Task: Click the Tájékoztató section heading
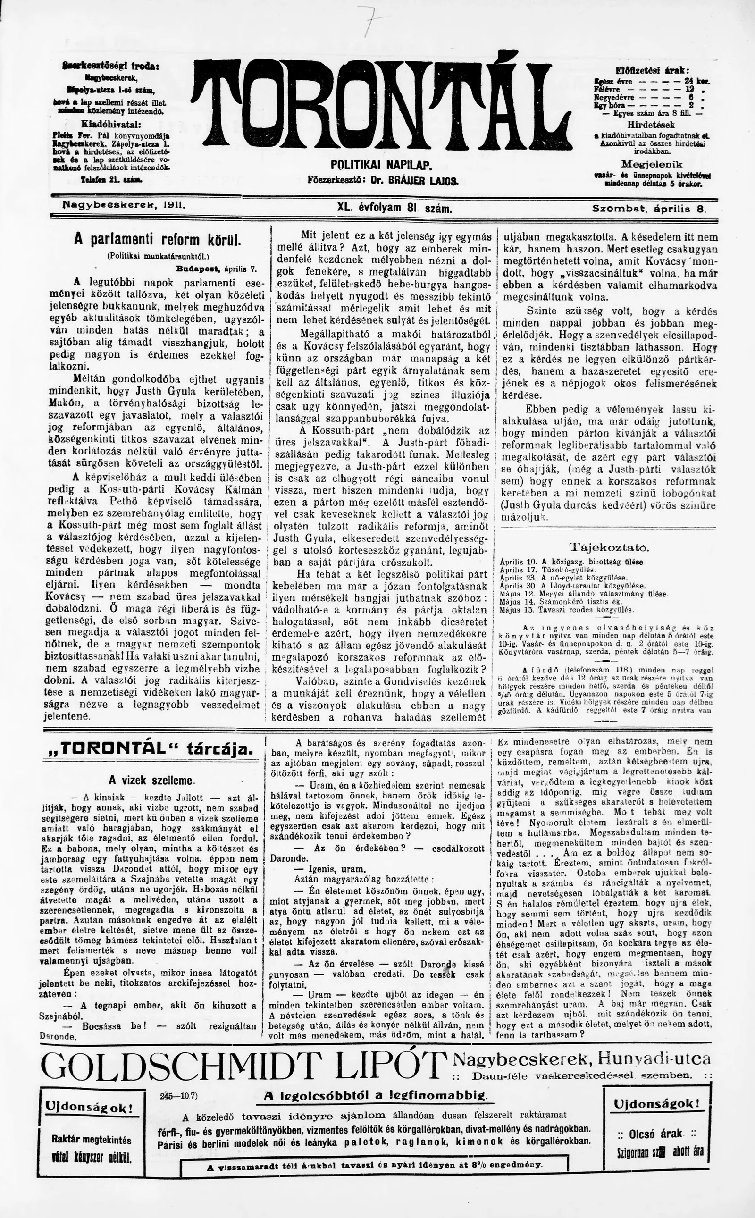point(610,547)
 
